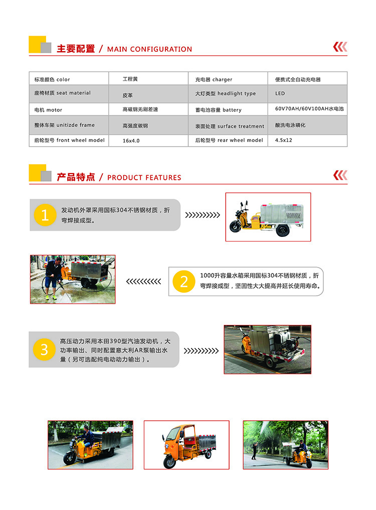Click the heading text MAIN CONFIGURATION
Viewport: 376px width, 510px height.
point(149,49)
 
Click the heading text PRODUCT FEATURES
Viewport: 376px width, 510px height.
point(144,178)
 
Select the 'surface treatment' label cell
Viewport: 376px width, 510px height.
point(230,126)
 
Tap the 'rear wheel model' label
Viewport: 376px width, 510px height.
point(229,141)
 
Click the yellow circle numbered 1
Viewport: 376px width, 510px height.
point(44,215)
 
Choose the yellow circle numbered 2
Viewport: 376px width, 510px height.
point(183,282)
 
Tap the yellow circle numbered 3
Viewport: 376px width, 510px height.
point(44,349)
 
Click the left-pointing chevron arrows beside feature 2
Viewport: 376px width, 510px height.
point(143,282)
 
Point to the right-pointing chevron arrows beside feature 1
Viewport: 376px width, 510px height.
point(203,215)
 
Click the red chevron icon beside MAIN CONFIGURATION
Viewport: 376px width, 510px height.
point(340,47)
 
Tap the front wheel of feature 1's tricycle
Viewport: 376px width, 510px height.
point(235,226)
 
